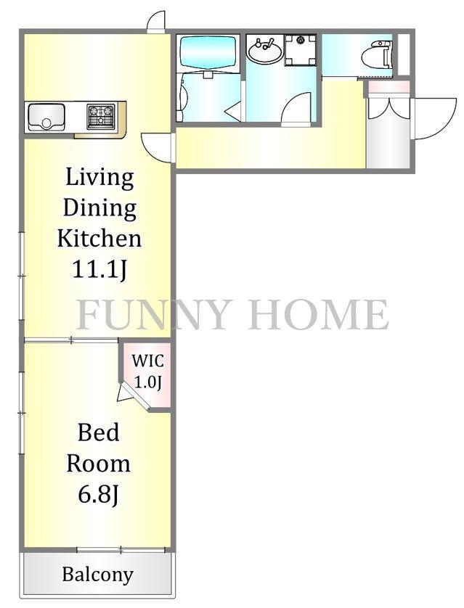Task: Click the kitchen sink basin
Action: (46, 116)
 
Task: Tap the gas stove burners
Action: (101, 116)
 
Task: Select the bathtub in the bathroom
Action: (208, 53)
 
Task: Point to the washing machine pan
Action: (301, 49)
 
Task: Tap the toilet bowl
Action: (377, 55)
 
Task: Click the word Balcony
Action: (98, 575)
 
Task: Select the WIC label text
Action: (148, 361)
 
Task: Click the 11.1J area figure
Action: (99, 269)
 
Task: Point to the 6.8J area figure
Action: (99, 494)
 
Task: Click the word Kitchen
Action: (99, 238)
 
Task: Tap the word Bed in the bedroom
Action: (99, 432)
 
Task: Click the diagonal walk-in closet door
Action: (134, 397)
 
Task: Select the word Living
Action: (99, 178)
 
